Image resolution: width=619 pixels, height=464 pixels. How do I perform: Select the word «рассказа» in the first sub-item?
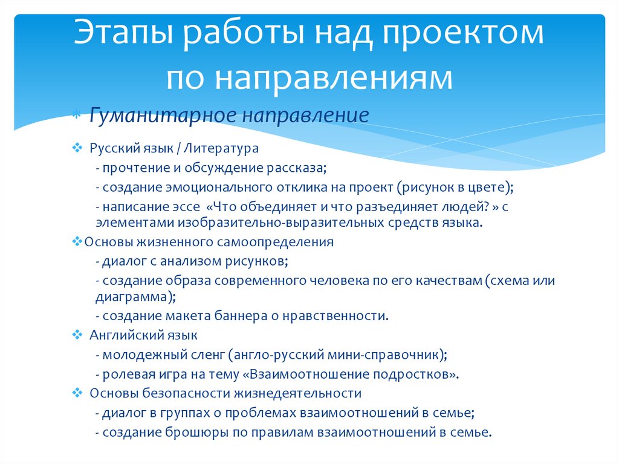(x=296, y=168)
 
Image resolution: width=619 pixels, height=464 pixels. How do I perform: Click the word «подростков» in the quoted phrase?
(x=412, y=374)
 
